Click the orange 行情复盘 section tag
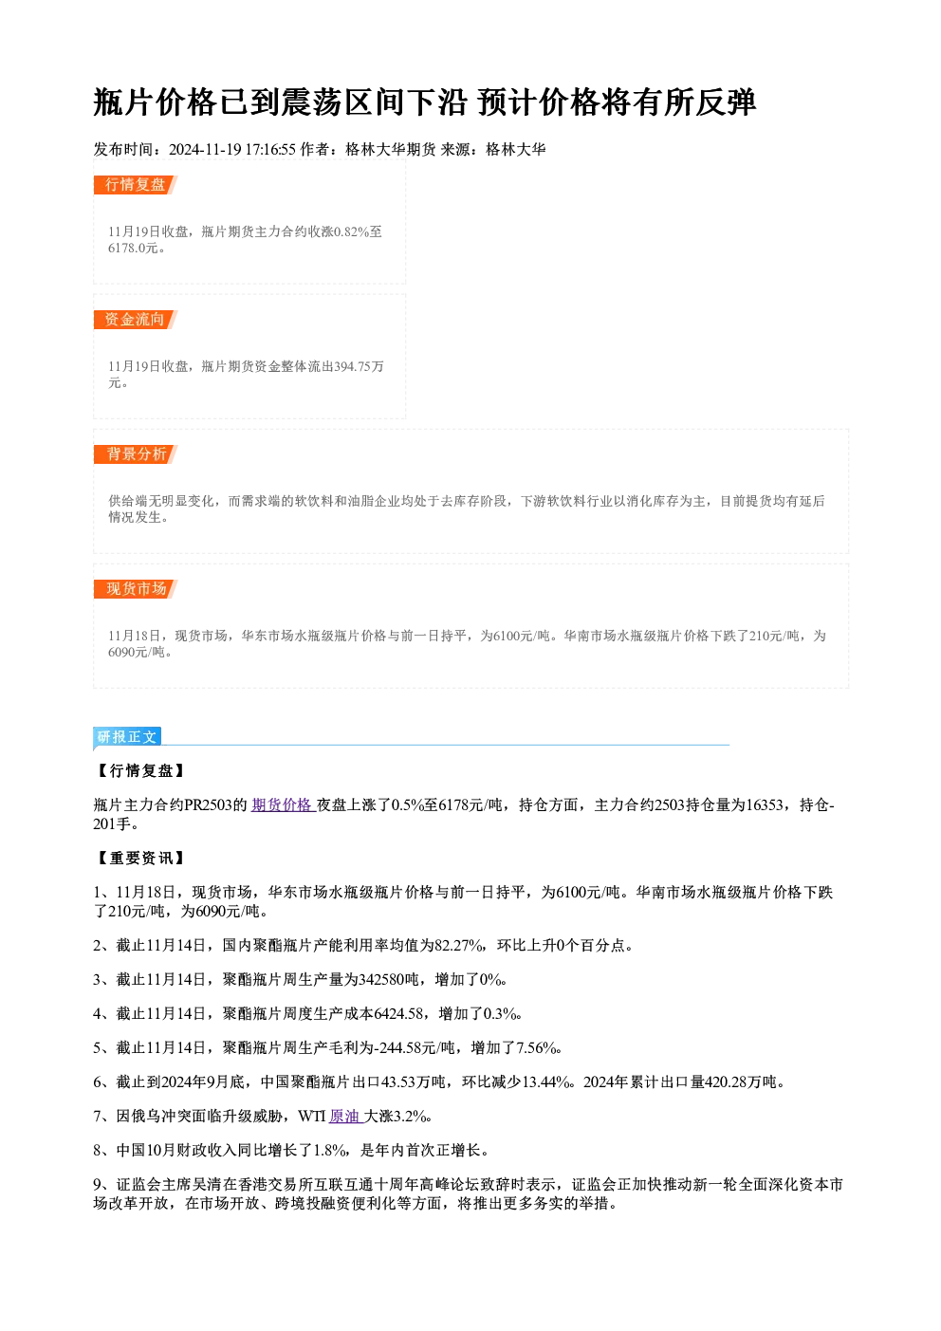pos(136,185)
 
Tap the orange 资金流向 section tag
pos(136,320)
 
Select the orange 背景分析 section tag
pos(136,454)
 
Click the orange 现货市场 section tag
pos(136,589)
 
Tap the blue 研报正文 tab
pos(127,737)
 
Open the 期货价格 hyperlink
pos(282,805)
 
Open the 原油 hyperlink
pos(345,1117)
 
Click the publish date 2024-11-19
pos(205,149)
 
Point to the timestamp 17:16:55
pos(270,149)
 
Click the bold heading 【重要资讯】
pos(141,858)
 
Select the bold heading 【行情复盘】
pos(141,771)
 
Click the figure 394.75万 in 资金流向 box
pos(359,366)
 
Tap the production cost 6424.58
pos(399,1014)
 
